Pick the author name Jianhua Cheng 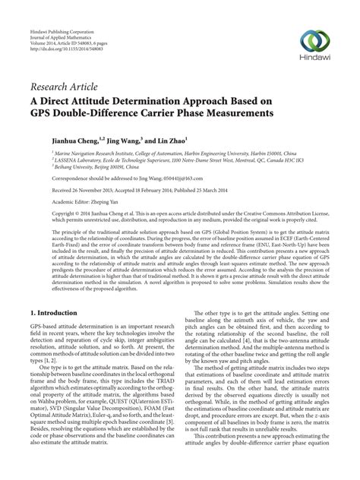55,141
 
